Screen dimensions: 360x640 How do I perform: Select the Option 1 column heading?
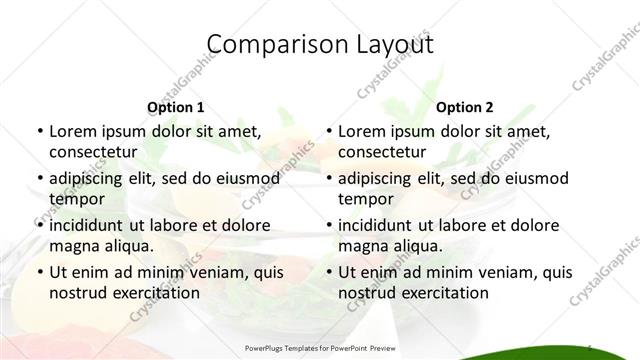coord(176,107)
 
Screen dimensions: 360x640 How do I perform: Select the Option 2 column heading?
coord(465,107)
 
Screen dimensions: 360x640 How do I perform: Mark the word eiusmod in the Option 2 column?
coord(536,179)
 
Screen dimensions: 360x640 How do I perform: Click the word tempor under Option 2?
coord(366,199)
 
